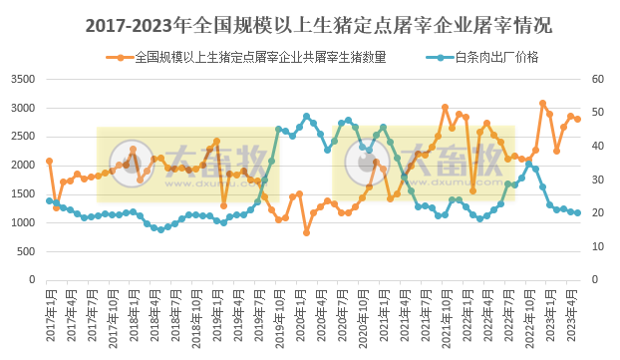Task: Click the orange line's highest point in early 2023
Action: tap(542, 103)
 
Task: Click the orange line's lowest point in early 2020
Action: tap(306, 232)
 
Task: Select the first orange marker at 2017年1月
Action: tap(49, 161)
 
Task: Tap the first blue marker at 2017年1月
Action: tap(49, 201)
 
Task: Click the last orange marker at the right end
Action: tap(578, 119)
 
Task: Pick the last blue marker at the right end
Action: tap(578, 212)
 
